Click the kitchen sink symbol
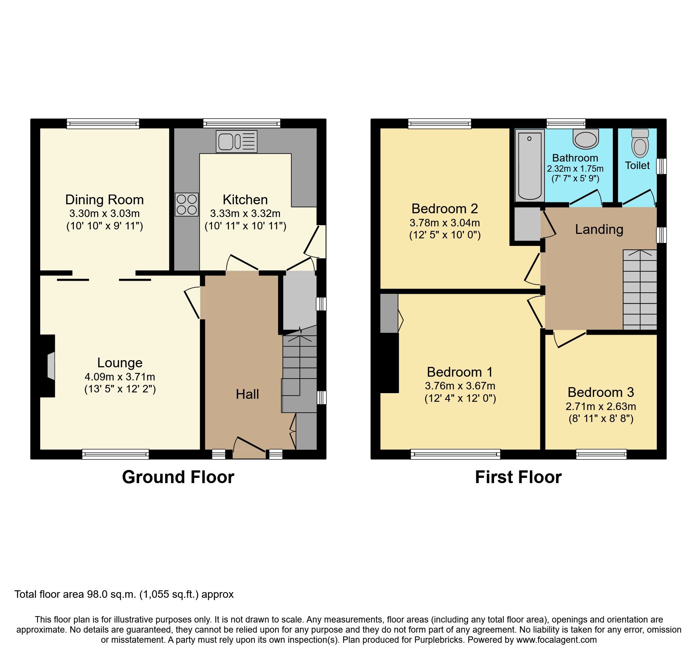[236, 141]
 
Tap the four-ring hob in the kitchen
[187, 204]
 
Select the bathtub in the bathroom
[530, 166]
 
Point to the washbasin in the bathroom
[585, 139]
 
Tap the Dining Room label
[104, 200]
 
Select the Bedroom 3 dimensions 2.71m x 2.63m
[600, 406]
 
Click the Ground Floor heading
[178, 477]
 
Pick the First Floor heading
[518, 477]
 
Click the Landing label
[599, 229]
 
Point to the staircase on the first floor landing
[639, 290]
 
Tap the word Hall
[247, 394]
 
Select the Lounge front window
[115, 455]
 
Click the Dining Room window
[103, 124]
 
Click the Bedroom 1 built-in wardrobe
[389, 313]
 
